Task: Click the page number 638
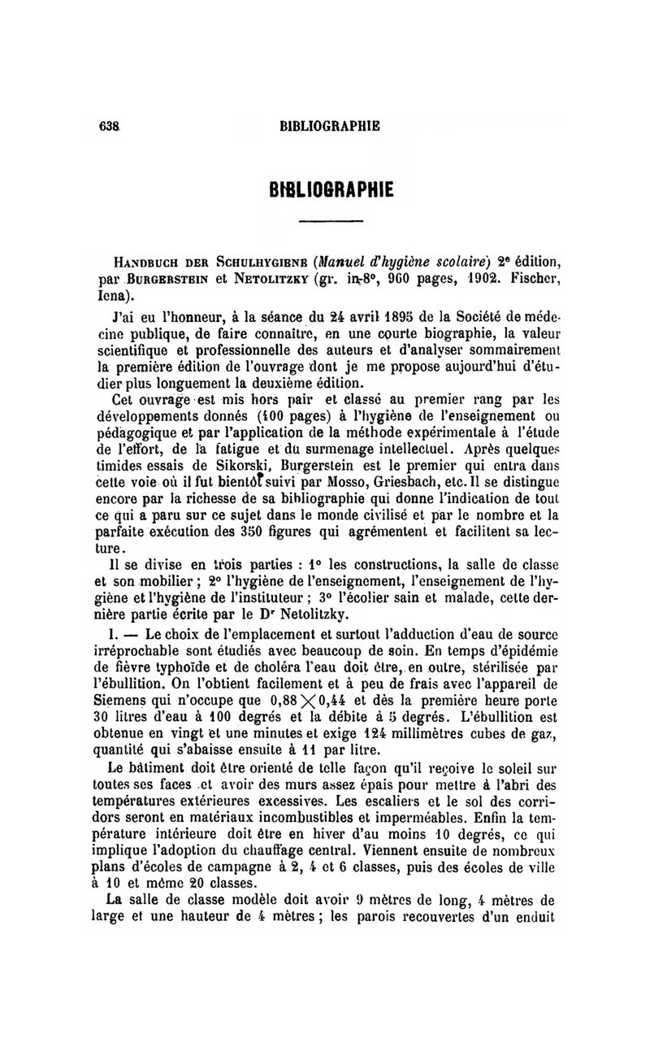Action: [x=107, y=127]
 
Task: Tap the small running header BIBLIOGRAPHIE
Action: [x=329, y=127]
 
